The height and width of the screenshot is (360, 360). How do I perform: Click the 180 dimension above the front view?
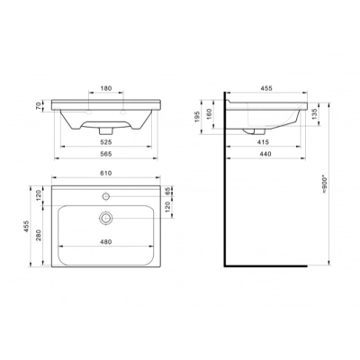tap(106, 88)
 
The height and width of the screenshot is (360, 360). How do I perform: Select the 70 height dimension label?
tap(39, 106)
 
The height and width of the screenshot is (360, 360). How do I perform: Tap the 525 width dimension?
tap(106, 142)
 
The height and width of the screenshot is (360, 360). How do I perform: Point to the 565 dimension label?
tap(106, 154)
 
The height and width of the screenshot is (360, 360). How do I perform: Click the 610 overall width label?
tap(106, 173)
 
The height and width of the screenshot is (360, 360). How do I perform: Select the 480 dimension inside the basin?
tap(106, 242)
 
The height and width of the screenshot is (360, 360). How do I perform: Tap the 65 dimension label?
tap(167, 191)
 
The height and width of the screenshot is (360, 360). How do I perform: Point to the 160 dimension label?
tap(210, 113)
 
